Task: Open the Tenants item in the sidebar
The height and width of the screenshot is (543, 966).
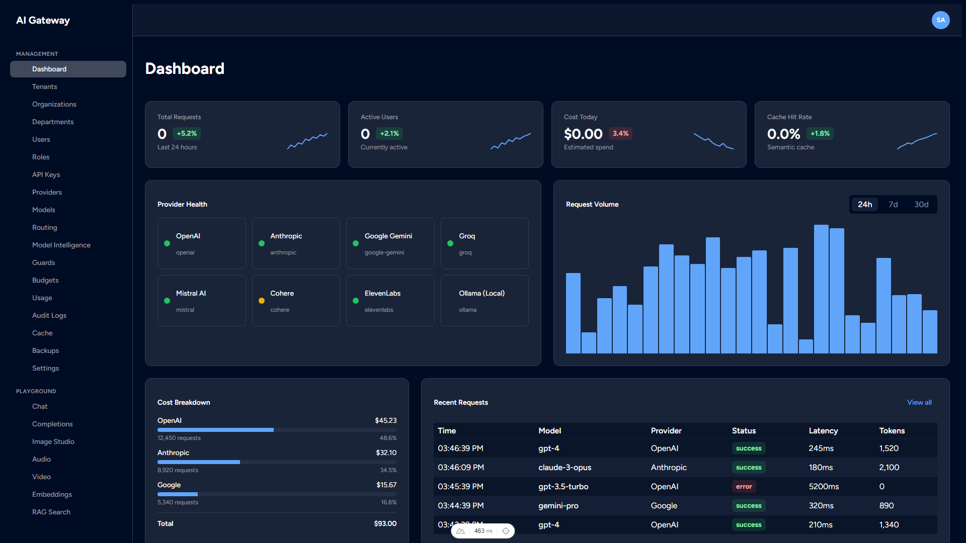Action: [44, 86]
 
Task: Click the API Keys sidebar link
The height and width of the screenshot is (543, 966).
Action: [46, 174]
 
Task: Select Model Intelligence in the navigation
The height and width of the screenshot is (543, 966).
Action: [61, 245]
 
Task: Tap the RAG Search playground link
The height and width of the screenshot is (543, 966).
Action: [51, 512]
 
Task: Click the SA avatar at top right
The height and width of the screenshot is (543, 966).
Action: [940, 20]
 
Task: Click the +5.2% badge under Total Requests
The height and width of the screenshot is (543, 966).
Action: [187, 133]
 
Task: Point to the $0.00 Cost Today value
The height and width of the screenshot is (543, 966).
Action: [583, 134]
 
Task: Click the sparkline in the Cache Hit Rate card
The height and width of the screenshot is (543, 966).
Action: [917, 141]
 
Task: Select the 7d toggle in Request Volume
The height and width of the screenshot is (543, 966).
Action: [893, 204]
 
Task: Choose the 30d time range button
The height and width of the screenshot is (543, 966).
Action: [921, 204]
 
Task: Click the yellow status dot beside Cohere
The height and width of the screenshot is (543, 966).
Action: [262, 301]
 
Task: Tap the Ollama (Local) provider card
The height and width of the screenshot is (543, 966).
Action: [484, 301]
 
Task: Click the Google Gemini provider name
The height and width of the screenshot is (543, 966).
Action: [388, 236]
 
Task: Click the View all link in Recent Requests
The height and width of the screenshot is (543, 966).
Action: [919, 402]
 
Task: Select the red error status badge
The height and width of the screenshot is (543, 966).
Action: [744, 486]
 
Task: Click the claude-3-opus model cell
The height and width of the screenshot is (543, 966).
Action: [565, 467]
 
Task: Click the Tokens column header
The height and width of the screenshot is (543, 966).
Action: [892, 430]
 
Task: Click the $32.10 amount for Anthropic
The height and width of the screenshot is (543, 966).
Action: [386, 452]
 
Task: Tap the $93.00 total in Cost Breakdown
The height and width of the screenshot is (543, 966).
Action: [385, 523]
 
